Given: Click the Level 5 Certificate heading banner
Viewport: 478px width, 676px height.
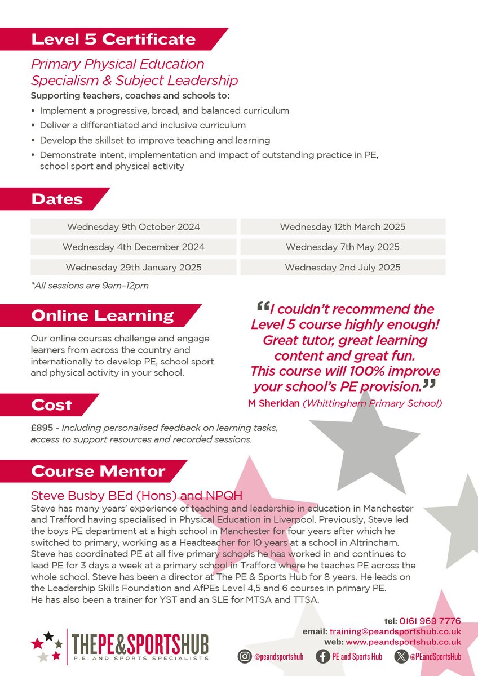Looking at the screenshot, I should pos(113,39).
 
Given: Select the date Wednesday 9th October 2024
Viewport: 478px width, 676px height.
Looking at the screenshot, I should pos(134,227).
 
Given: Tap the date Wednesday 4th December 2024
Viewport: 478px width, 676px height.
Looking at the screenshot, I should pos(134,247).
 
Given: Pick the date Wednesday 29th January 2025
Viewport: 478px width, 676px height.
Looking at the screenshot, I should pos(134,267).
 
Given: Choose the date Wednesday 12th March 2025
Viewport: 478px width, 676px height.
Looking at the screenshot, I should pos(343,227).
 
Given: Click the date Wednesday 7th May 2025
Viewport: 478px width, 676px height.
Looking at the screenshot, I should pos(343,247).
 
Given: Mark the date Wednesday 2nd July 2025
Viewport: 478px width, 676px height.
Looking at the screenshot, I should pos(343,267).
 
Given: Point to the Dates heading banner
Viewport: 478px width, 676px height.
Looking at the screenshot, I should pos(57,199).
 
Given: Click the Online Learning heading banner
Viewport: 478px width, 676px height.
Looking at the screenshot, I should pos(102,315).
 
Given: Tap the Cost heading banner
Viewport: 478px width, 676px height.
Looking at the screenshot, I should pos(51,404).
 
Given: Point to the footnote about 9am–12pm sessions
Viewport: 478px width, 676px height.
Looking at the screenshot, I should pos(90,286).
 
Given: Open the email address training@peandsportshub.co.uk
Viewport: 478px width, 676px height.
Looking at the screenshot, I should pos(403,631).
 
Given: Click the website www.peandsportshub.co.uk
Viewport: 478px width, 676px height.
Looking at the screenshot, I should pos(403,642).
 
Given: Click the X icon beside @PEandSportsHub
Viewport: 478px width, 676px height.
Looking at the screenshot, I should pos(401,656).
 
